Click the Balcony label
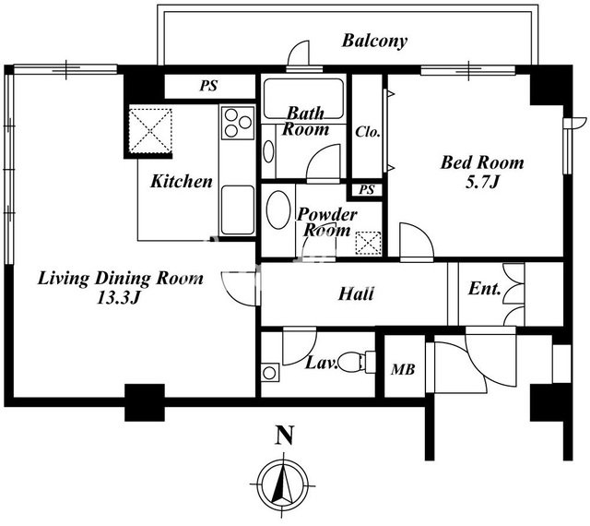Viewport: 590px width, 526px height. (x=374, y=42)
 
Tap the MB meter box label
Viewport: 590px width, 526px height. (x=403, y=370)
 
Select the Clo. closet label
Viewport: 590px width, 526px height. (x=368, y=132)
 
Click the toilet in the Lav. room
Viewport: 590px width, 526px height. (x=357, y=362)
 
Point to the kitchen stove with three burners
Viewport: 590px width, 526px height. (x=238, y=123)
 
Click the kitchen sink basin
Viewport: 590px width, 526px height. (x=238, y=209)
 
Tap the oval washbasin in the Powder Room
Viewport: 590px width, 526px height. (x=278, y=209)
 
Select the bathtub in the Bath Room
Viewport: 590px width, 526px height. (x=303, y=99)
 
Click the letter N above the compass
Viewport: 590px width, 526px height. (x=285, y=435)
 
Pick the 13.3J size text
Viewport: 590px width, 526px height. (x=118, y=298)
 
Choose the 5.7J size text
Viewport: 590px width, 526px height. (x=482, y=183)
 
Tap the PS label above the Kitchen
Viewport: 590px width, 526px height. (x=208, y=86)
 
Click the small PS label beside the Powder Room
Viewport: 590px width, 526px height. (x=367, y=189)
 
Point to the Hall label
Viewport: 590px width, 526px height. (x=356, y=293)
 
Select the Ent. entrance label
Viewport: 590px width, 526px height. (x=485, y=289)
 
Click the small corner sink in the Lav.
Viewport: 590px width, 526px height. (x=269, y=373)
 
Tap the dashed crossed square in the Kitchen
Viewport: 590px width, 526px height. (x=150, y=131)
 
